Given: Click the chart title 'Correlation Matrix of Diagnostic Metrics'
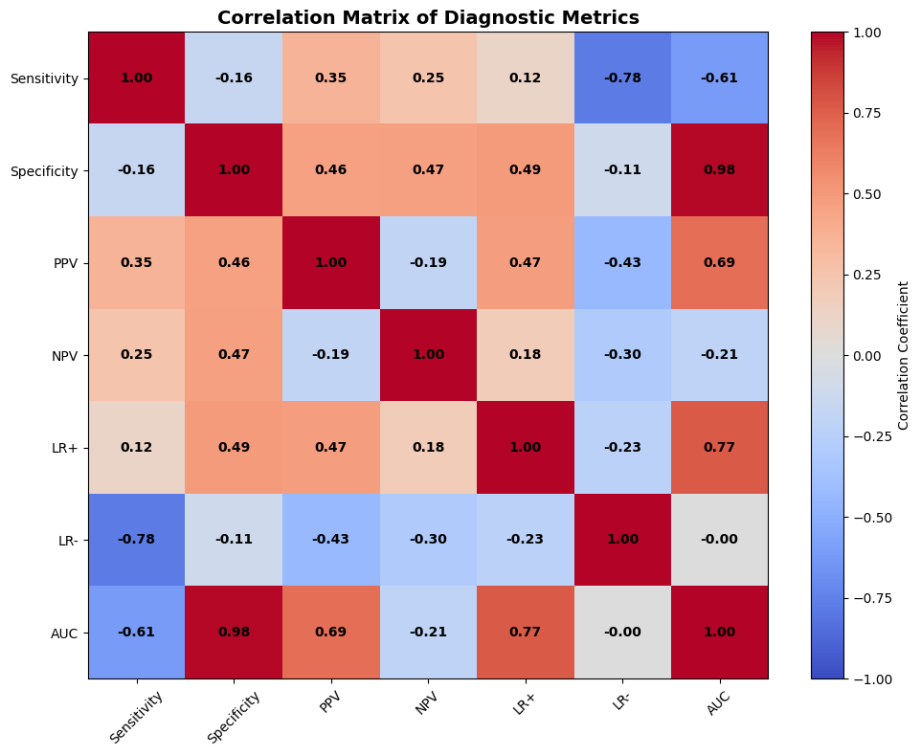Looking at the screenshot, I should pos(428,17).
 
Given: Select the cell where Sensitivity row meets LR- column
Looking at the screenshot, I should pos(622,78).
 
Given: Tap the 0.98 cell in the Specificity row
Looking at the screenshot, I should pos(719,170).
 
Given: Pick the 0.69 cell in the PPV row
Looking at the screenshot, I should pos(719,262).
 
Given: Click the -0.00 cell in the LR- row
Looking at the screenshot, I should pos(719,540).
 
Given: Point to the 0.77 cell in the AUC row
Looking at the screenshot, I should pos(525,633).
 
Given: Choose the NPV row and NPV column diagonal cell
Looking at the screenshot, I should pos(428,355).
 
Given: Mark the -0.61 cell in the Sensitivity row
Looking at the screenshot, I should pos(719,78).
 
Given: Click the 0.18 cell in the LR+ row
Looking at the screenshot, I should pos(428,447).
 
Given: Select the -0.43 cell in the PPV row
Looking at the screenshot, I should pos(622,262).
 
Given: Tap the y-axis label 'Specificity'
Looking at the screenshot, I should pos(44,170).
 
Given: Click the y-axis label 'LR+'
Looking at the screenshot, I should pos(65,447).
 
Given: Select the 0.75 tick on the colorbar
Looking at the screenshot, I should pos(866,113).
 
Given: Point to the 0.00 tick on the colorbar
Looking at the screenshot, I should pos(866,355).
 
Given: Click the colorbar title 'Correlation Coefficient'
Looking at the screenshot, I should pos(903,355).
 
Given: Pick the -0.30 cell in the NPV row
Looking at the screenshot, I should pos(622,355).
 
